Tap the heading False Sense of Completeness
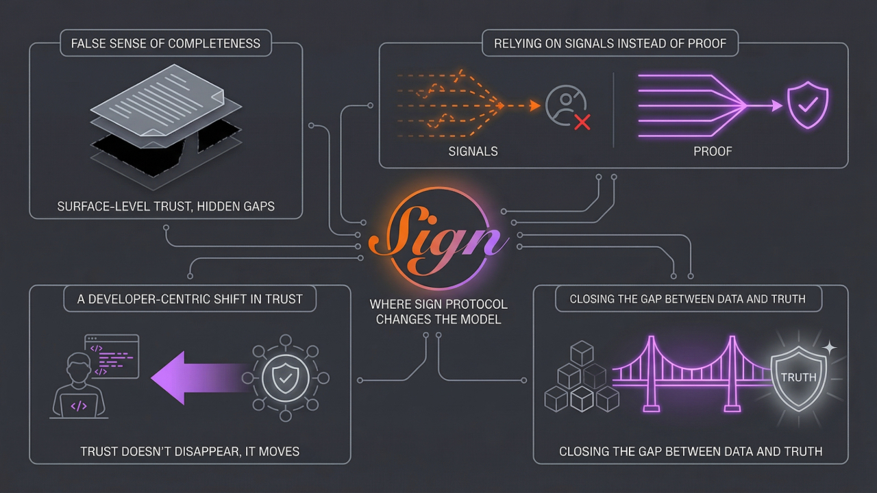tap(166, 43)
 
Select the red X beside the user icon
tap(582, 123)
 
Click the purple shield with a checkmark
tap(807, 106)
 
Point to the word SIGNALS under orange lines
tap(473, 151)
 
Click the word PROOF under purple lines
tap(713, 151)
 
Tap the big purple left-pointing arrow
tap(195, 377)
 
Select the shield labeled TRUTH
tap(798, 377)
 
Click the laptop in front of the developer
tap(79, 405)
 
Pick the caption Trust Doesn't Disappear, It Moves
tap(190, 451)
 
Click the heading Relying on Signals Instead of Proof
tap(610, 43)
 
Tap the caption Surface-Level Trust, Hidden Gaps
tap(166, 206)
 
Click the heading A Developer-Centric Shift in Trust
tap(190, 299)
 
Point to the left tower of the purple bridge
tap(652, 373)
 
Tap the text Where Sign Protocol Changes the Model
tap(438, 312)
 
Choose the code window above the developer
tap(112, 356)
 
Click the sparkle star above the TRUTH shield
tap(829, 348)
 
